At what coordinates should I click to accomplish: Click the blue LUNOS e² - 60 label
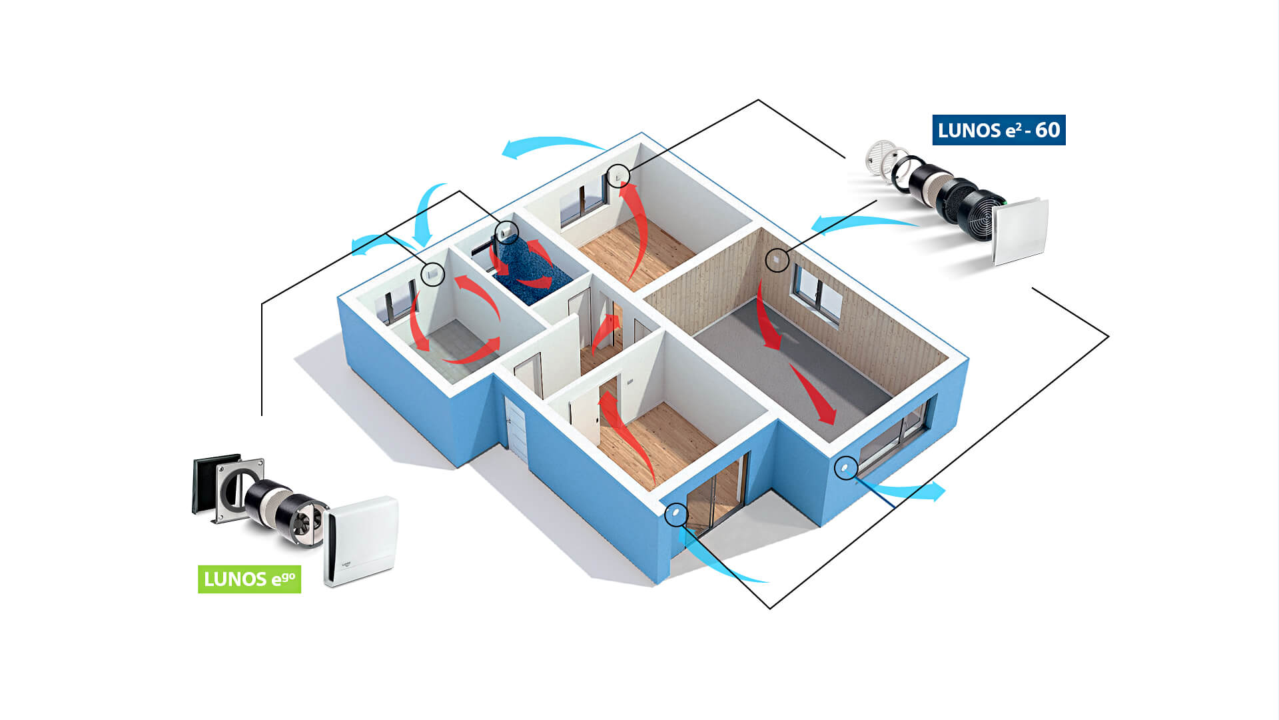[998, 130]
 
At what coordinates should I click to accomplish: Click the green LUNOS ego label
[249, 579]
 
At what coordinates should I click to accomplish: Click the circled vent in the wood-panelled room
[777, 259]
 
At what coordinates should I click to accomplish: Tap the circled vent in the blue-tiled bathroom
[506, 232]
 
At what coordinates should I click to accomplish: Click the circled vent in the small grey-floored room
[433, 273]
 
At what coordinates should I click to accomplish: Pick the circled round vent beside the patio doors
[675, 514]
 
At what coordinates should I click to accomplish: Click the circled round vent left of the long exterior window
[845, 467]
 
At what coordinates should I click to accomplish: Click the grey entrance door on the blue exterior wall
[516, 427]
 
